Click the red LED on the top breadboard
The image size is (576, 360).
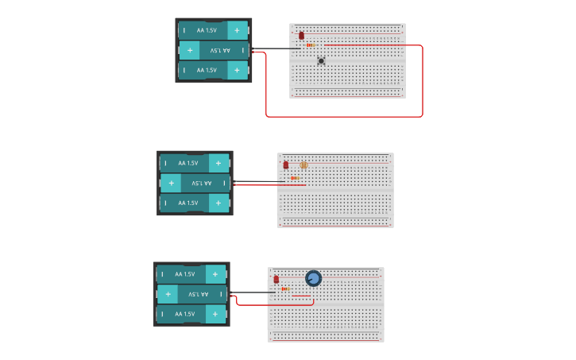click(301, 36)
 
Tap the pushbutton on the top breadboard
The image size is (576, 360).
click(321, 60)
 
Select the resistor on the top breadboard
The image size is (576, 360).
click(310, 45)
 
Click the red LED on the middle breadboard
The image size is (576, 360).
click(286, 165)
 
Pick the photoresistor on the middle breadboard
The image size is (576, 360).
click(303, 165)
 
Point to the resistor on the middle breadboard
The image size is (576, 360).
click(295, 178)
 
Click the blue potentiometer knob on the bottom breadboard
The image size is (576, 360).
click(313, 278)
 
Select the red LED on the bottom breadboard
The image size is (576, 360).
click(276, 280)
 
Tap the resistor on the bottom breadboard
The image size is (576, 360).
click(285, 288)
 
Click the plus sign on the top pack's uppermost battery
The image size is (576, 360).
click(236, 30)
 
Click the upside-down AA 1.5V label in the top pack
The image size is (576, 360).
click(215, 50)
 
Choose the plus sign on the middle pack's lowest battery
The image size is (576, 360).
click(217, 203)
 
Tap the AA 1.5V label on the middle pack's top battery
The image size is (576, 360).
click(187, 163)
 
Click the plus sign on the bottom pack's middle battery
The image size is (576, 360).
click(166, 294)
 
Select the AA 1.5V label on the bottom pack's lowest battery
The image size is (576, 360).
click(184, 314)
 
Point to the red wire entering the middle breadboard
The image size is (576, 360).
click(270, 184)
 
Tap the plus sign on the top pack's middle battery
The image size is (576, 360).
click(189, 50)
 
